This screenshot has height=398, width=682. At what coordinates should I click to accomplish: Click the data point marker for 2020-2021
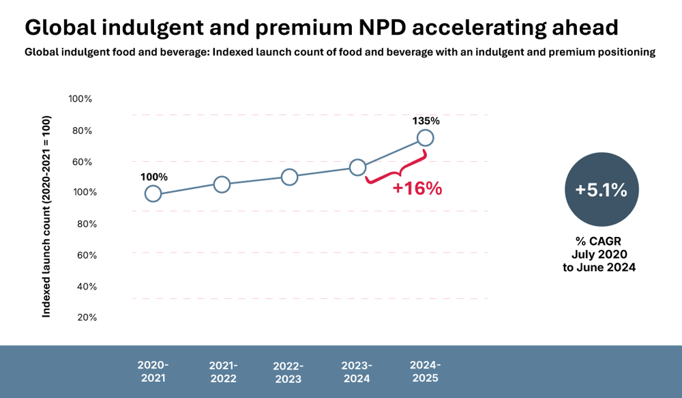coord(153,194)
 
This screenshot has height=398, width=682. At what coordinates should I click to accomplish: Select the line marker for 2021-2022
coord(222,184)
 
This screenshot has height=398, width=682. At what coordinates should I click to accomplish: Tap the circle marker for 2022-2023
coord(289,177)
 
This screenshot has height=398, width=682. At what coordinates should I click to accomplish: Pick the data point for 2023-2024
coord(357,167)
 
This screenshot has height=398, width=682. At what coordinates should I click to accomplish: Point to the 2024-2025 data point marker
coord(425,138)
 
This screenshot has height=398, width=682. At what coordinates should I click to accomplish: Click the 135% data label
coord(426,121)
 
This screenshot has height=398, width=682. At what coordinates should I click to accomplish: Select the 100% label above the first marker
coord(153,177)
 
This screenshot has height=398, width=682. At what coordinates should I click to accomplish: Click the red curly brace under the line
coord(396,172)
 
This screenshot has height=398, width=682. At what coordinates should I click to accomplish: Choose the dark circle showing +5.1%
coord(601,190)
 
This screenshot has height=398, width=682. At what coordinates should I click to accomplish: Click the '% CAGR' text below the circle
coord(601,241)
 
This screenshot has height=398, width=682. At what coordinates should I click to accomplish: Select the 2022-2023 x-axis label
coord(288,373)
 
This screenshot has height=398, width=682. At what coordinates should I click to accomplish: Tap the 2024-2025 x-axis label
coord(424,371)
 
